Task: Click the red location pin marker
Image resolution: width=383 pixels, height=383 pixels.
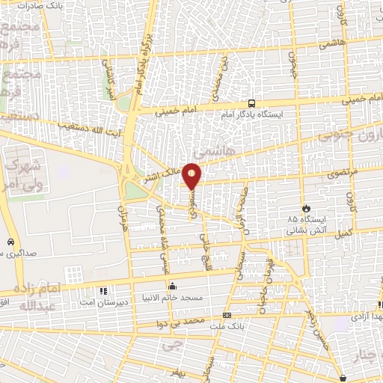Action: pyautogui.click(x=192, y=175)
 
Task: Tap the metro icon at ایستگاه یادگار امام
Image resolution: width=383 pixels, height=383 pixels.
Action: pyautogui.click(x=251, y=104)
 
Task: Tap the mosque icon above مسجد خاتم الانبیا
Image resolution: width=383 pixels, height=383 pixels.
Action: pyautogui.click(x=173, y=285)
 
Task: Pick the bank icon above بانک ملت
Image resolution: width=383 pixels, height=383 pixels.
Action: pyautogui.click(x=227, y=315)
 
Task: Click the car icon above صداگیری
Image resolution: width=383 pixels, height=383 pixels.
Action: pyautogui.click(x=10, y=242)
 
